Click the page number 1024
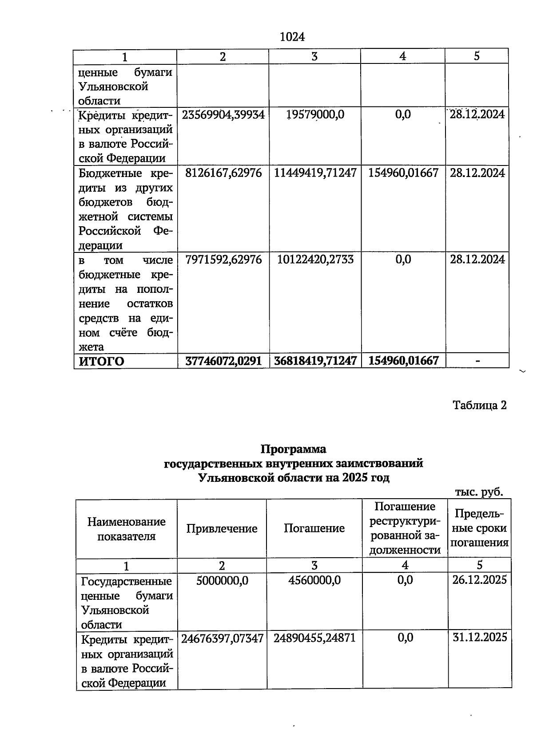coord(292,37)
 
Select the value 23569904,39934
coord(223,114)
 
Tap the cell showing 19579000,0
coord(315,114)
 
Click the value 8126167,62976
coord(223,173)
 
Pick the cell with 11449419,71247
coord(315,173)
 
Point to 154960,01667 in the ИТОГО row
coord(403,361)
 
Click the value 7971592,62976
coord(223,259)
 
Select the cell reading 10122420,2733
coord(315,259)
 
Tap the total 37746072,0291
coord(223,361)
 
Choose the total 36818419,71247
coord(315,361)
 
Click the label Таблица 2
coord(479,405)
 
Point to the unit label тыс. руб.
coord(479,492)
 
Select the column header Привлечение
coord(222,528)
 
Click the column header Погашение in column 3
coord(314,528)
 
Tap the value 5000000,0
coord(222,580)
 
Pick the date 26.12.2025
coord(479,580)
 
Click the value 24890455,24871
coord(314,638)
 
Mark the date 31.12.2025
coord(479,638)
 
